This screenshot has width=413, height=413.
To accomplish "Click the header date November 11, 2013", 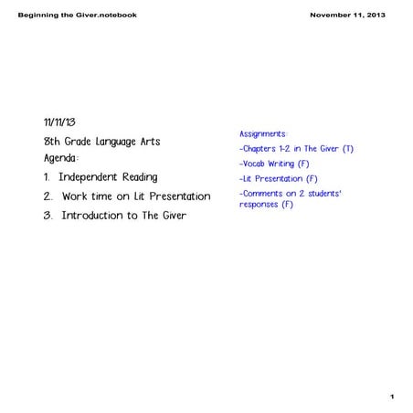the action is coord(347,16).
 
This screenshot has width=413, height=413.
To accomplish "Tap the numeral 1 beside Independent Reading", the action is coord(48,176).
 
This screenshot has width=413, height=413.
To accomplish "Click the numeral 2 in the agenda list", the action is coord(48,196).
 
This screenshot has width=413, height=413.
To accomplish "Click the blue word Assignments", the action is coord(262,133).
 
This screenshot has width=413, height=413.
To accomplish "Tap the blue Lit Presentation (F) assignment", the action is coord(279,179).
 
